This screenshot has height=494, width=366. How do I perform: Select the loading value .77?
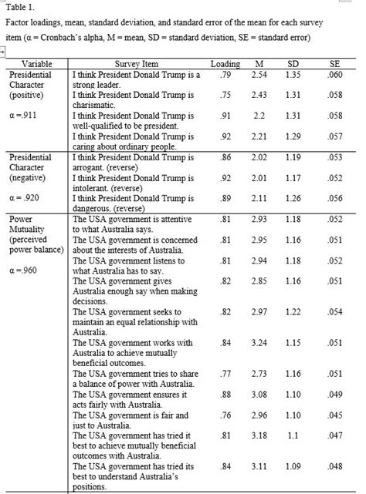tap(225, 395)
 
